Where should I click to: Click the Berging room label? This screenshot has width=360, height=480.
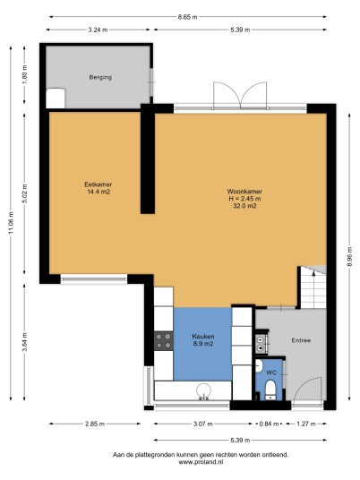click(x=100, y=77)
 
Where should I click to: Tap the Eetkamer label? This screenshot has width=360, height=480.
click(x=98, y=184)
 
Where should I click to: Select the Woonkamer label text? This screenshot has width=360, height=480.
click(x=244, y=192)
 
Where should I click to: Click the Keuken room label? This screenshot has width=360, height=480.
click(x=203, y=337)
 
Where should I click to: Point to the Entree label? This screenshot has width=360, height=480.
click(x=301, y=340)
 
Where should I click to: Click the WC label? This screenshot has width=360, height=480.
click(x=271, y=373)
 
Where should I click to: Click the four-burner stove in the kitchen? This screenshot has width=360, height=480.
click(x=164, y=341)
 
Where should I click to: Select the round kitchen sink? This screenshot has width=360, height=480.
click(x=203, y=391)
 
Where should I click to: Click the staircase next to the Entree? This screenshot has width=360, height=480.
click(x=313, y=287)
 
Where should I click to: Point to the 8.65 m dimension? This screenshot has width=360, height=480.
click(x=188, y=17)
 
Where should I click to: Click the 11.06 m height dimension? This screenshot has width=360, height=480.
click(x=12, y=223)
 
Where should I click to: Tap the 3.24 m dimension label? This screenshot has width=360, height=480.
click(x=98, y=30)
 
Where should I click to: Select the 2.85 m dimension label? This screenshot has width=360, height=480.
click(x=95, y=424)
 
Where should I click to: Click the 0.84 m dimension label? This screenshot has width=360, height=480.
click(x=269, y=424)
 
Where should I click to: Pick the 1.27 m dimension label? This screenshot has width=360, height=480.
click(x=305, y=424)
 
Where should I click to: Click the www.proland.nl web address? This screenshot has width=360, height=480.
click(x=201, y=462)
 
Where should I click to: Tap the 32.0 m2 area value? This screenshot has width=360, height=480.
click(x=244, y=206)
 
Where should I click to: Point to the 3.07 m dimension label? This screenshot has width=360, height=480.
click(x=202, y=424)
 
